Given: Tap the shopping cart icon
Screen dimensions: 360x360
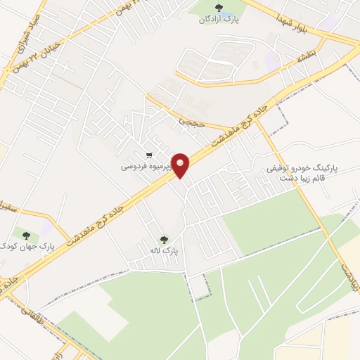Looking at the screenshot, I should coord(148,155).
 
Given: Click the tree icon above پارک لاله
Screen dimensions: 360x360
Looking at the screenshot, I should coord(165,239).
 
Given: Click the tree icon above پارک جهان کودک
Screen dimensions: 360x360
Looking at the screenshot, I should coord(26,235).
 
